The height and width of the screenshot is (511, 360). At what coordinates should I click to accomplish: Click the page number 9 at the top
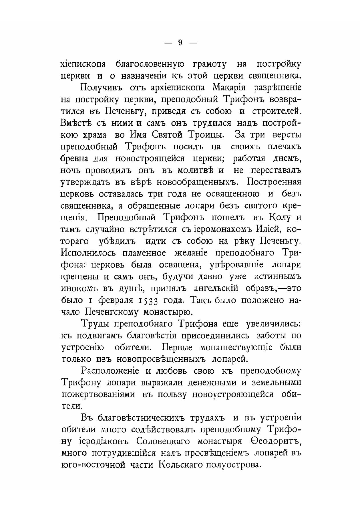[180, 43]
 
